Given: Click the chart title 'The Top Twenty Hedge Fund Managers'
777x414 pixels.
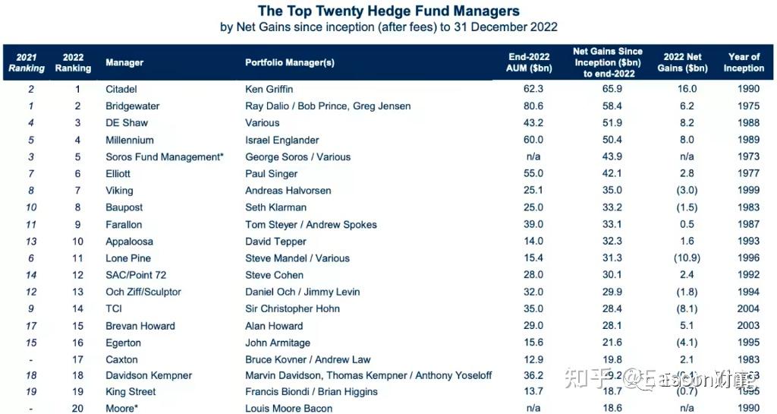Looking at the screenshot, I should point(388,11).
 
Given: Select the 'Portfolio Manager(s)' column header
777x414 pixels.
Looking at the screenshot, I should point(289,63).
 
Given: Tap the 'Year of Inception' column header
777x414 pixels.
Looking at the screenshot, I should point(744,62).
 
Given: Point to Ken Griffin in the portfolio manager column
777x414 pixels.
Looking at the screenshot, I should point(269,89).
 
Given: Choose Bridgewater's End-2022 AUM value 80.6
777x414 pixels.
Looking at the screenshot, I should point(534,106).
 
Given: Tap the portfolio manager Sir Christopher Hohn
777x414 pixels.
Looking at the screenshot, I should point(292,309).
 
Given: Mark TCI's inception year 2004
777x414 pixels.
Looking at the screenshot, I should point(748,309).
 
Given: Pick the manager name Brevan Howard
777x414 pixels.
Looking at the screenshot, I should point(140,326).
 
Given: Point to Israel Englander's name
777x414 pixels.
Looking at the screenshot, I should point(282,140).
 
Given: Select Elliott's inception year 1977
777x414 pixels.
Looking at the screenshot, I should point(748,174).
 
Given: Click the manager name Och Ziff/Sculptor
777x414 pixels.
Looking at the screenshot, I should point(143,292).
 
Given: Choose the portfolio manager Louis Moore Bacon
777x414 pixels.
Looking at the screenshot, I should point(289,409).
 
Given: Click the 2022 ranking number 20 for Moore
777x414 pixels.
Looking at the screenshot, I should point(77,409).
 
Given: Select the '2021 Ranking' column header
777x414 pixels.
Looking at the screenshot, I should point(27,62).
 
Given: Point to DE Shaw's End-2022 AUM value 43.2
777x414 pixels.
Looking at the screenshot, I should point(534,123).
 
